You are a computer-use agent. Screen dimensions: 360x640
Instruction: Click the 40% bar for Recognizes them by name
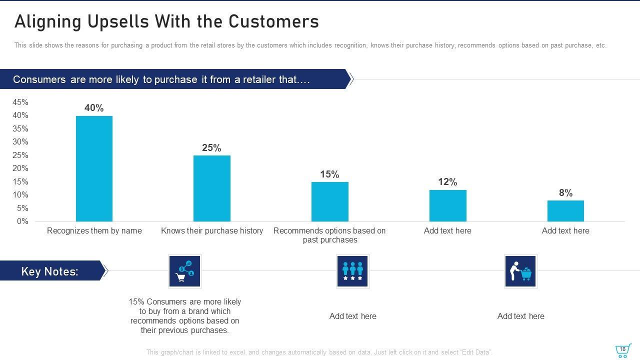94,168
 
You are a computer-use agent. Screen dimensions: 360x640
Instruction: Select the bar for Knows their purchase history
212,188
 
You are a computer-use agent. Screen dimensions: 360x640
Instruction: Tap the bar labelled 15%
330,201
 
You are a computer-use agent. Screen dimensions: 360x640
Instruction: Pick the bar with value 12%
447,205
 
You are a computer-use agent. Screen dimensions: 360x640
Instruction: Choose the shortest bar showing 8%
565,211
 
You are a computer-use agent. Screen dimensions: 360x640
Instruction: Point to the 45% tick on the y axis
20,102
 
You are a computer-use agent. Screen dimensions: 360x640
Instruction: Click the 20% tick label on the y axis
20,168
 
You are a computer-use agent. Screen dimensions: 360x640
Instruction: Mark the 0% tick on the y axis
22,221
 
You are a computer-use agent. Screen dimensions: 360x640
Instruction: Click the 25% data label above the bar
211,148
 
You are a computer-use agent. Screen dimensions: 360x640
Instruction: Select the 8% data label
565,193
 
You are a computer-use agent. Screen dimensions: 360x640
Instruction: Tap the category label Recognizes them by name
94,231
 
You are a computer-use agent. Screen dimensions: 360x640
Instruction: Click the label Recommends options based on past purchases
329,235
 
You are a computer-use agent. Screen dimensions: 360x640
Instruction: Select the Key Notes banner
50,271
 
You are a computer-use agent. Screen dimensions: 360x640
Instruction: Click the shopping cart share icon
185,271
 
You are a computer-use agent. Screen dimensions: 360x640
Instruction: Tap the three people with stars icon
352,271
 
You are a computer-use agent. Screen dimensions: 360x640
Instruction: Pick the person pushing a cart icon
520,271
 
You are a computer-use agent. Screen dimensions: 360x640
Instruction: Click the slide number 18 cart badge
622,350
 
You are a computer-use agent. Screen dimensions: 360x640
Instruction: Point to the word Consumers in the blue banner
38,80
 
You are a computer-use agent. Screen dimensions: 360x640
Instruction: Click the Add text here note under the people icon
352,316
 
